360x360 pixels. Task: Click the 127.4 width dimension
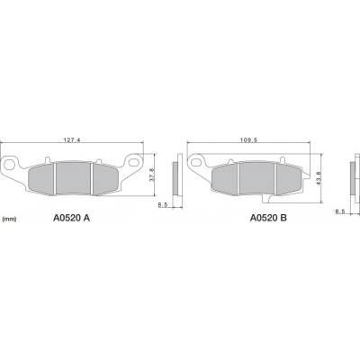(72, 139)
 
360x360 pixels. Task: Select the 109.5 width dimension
(248, 139)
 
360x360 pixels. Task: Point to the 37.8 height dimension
(152, 175)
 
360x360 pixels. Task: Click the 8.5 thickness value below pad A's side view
(163, 205)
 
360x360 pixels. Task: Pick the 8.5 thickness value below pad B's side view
(340, 211)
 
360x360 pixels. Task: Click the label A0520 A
(71, 218)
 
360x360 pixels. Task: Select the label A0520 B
(268, 218)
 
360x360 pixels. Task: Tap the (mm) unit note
(9, 220)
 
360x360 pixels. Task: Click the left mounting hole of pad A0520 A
(10, 165)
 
